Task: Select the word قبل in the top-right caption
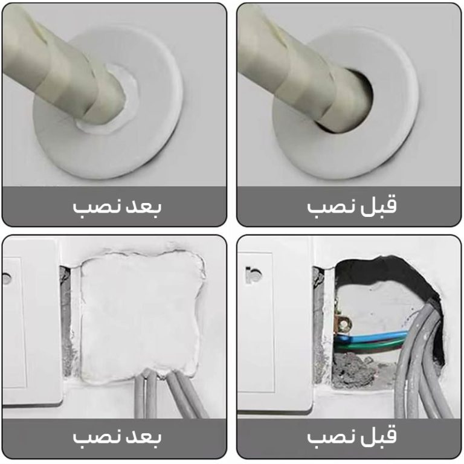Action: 378,205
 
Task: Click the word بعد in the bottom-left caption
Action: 144,436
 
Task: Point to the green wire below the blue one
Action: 370,346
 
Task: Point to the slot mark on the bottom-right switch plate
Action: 253,275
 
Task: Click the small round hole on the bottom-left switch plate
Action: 7,278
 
